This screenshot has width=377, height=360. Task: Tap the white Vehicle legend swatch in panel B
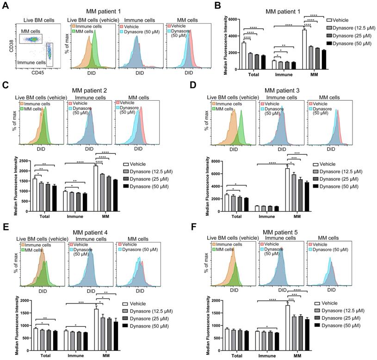329,21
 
